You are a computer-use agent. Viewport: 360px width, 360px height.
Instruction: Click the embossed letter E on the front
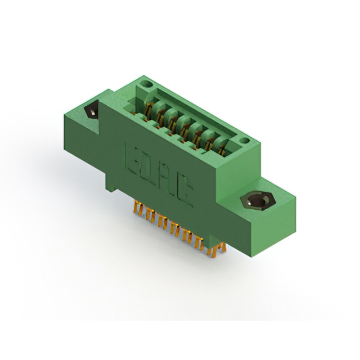(129, 154)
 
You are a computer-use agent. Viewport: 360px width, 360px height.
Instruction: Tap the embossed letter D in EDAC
(143, 163)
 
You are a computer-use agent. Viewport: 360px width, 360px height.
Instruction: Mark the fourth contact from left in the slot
(185, 125)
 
